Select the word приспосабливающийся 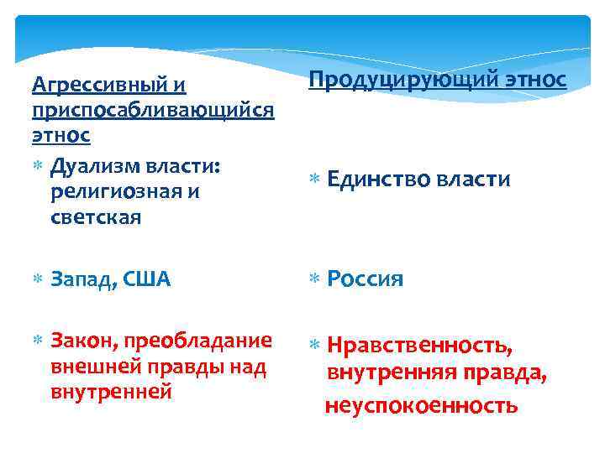(x=152, y=111)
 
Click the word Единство (x=373, y=180)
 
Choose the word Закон (x=87, y=341)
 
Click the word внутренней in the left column (x=112, y=390)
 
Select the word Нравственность (x=418, y=345)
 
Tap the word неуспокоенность (x=421, y=406)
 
